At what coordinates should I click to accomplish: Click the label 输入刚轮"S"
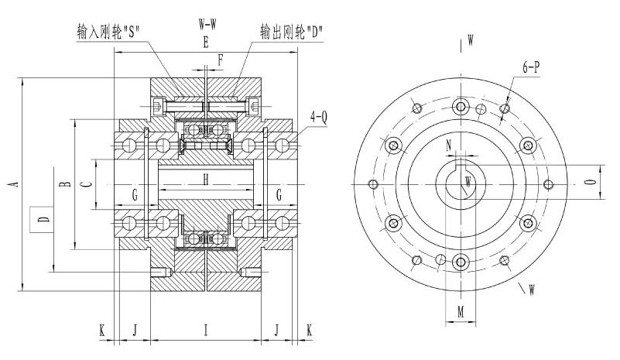108,32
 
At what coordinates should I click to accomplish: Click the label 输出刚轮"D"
292,32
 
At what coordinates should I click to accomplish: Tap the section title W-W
207,24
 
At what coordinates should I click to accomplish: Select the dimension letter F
220,59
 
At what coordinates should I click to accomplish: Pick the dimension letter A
12,183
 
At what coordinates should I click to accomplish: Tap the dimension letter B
65,183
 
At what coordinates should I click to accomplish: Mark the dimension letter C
87,183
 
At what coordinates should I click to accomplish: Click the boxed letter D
43,220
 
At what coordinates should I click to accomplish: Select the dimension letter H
206,180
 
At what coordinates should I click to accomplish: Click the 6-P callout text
531,68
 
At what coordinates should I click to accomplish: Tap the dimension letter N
449,145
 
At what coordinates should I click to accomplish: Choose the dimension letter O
591,183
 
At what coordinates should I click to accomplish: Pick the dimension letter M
460,311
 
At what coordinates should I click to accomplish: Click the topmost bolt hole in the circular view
461,107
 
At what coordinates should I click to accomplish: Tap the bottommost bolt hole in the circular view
461,261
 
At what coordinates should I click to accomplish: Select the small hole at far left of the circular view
373,184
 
